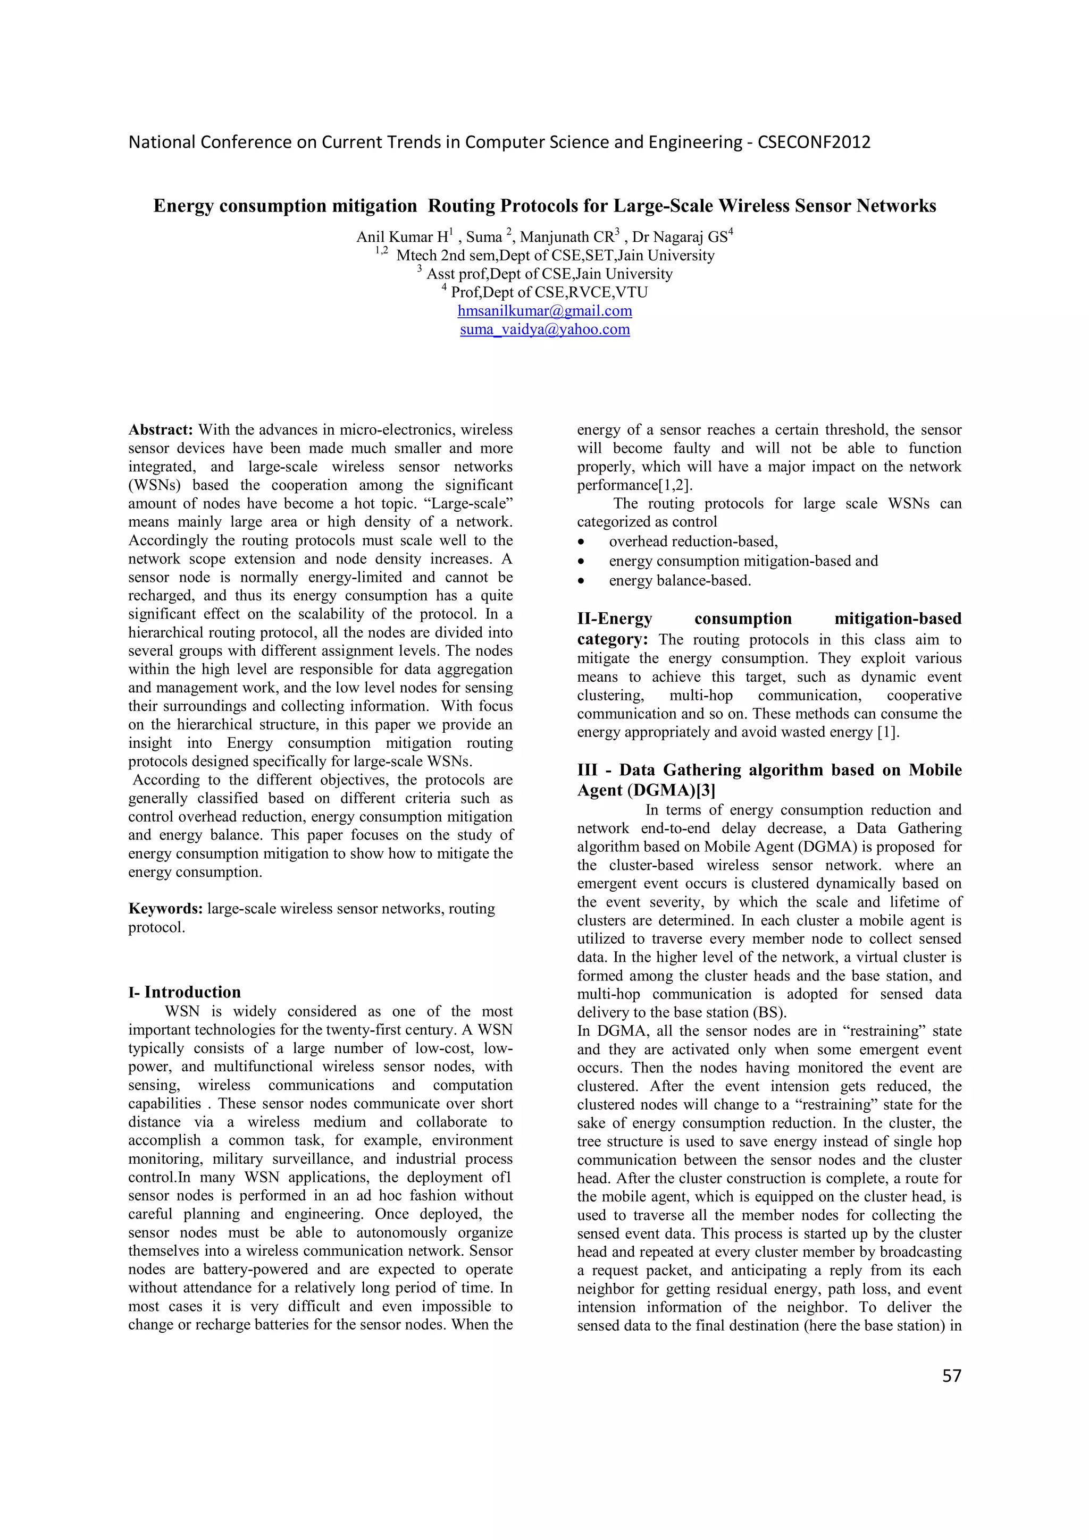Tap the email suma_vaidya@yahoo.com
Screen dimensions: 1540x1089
click(x=544, y=330)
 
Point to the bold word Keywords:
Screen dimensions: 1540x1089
click(x=166, y=909)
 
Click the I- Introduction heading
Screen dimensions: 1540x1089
click(x=185, y=992)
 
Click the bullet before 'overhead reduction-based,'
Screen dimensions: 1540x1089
click(x=581, y=542)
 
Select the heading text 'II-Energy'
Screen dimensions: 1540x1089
click(x=615, y=619)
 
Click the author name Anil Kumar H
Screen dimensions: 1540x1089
click(x=401, y=238)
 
